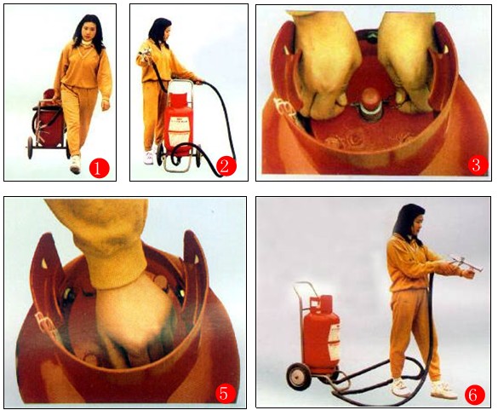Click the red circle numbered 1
coord(99,168)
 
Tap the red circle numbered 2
coord(226,166)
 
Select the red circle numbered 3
coord(477,165)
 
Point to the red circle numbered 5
coord(225,394)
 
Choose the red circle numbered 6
coord(474,396)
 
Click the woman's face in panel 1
coord(88,32)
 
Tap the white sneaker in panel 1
coord(75,165)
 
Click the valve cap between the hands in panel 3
coord(370,104)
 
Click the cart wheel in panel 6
coord(298,377)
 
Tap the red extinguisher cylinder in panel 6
coord(322,334)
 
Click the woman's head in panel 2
coord(161,30)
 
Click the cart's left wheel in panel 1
coord(30,147)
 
